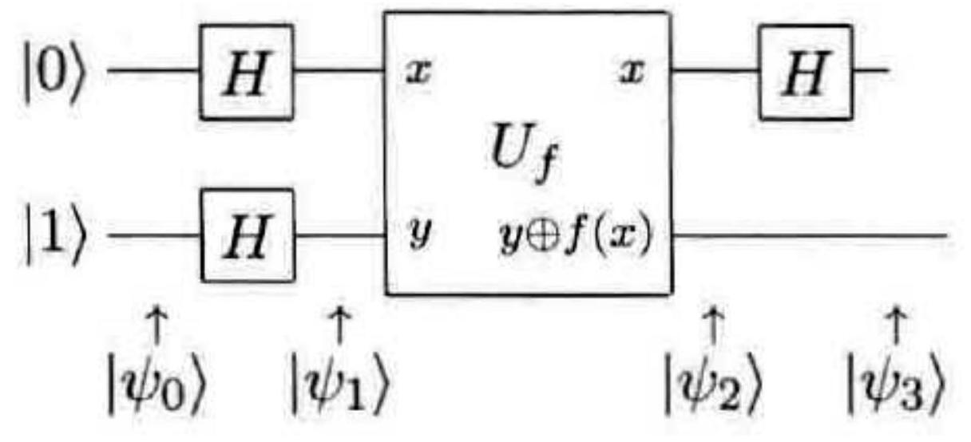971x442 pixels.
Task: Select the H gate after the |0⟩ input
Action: pyautogui.click(x=247, y=72)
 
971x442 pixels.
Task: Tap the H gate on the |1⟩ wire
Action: pyautogui.click(x=247, y=236)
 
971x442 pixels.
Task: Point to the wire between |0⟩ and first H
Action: pyautogui.click(x=152, y=71)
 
